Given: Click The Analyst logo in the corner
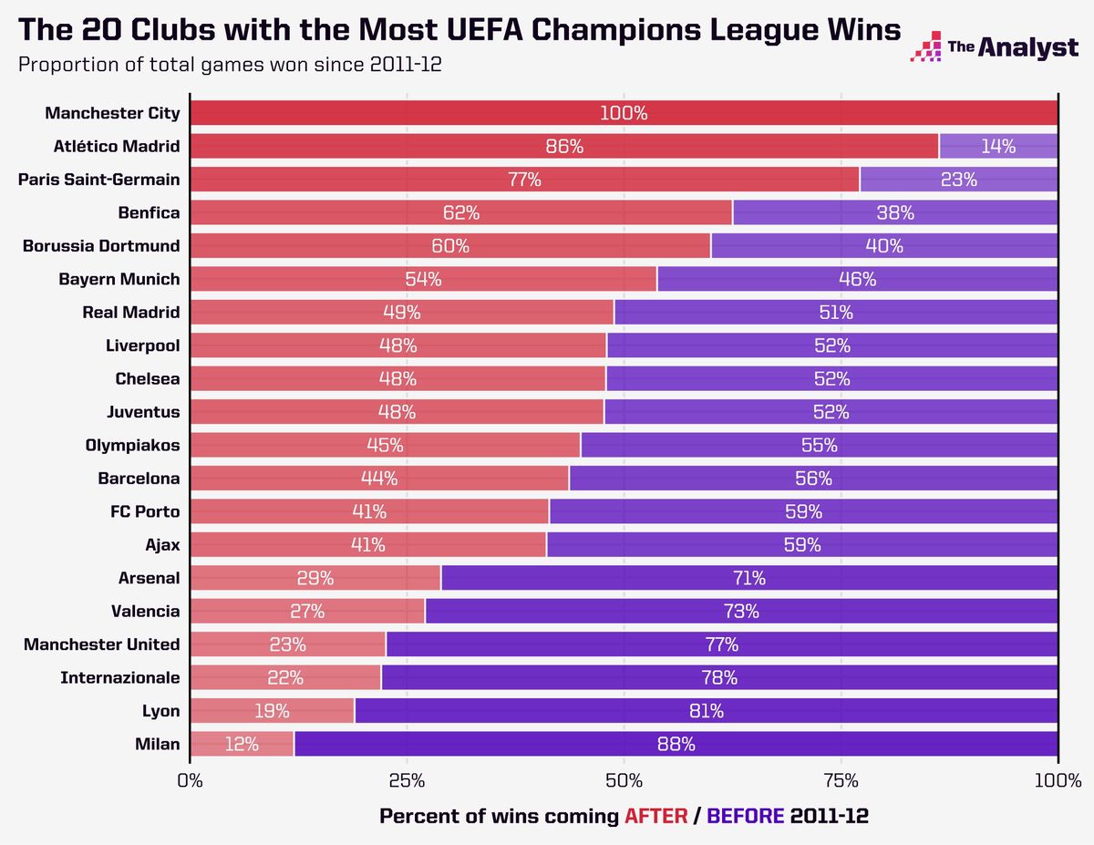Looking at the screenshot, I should [994, 46].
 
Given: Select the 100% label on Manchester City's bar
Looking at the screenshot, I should [624, 114].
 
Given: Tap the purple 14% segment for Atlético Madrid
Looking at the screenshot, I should [998, 147].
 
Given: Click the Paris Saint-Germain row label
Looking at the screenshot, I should [98, 180].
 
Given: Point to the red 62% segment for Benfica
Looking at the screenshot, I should [460, 212].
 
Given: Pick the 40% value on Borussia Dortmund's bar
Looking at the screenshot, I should [884, 246].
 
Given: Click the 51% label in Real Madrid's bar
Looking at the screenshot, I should [834, 313].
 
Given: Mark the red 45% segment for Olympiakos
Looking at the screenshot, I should [385, 445].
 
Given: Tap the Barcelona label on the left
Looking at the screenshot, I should [139, 478].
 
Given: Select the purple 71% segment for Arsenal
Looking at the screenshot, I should [748, 578].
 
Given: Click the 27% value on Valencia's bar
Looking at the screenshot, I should [308, 611].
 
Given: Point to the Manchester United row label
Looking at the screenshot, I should [102, 644].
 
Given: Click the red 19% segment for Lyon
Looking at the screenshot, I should [272, 710].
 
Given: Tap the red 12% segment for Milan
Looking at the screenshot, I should [242, 744].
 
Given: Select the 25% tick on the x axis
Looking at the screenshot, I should [407, 781].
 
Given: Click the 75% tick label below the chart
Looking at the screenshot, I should [841, 781].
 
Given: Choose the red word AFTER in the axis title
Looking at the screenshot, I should [655, 816].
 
